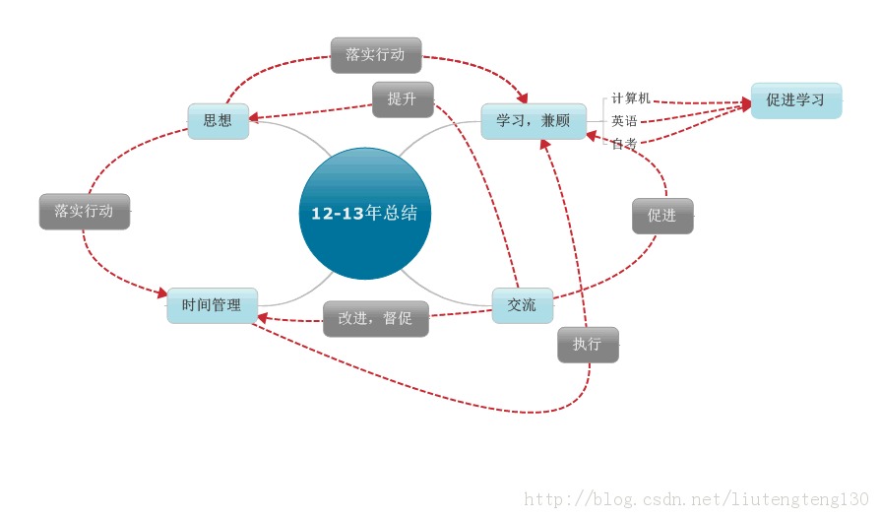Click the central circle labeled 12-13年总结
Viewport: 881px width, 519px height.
tap(364, 213)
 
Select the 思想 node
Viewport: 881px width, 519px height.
tap(218, 121)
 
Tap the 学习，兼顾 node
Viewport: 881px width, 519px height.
tap(533, 121)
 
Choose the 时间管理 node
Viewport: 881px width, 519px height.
tap(212, 305)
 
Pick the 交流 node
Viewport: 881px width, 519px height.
tap(522, 305)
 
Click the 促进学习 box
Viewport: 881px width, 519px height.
tap(795, 100)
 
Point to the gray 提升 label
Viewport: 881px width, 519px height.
tap(402, 99)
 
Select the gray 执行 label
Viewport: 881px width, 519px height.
tap(588, 345)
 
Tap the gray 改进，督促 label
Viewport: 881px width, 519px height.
tap(375, 318)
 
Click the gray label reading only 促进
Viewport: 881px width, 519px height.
tap(661, 216)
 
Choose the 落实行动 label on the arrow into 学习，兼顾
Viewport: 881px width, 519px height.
tap(375, 55)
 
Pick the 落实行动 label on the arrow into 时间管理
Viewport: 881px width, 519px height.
tap(84, 211)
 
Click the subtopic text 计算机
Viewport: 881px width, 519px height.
tap(631, 98)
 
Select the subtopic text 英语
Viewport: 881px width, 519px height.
tap(624, 121)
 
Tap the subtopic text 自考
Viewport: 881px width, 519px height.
tap(624, 144)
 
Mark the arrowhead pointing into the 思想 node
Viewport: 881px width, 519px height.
tap(254, 118)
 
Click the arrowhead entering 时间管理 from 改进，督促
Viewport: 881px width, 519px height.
tap(263, 317)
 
